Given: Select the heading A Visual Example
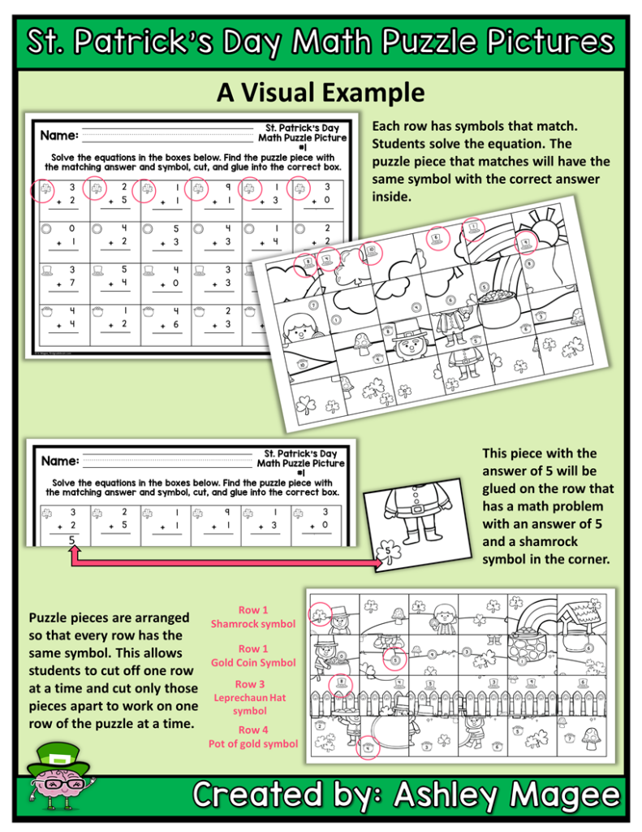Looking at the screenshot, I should click(321, 93).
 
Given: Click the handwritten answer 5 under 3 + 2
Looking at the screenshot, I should click(71, 539).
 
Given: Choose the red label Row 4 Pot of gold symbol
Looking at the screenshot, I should click(252, 736).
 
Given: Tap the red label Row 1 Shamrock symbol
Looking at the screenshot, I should click(252, 617).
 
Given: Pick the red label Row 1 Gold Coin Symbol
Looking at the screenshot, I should click(253, 656).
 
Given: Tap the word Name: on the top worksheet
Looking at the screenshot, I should click(59, 135).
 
